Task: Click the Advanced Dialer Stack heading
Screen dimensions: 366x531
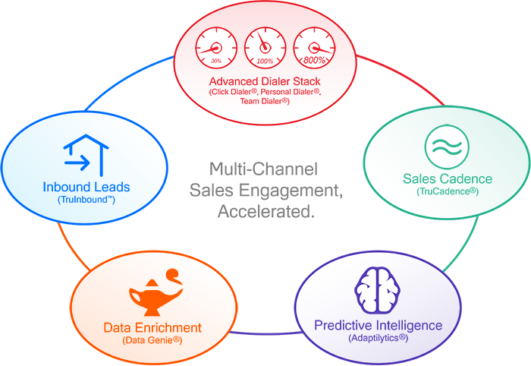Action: (265, 81)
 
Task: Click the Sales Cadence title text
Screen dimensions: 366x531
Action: (447, 179)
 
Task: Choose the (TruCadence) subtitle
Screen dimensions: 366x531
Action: (447, 192)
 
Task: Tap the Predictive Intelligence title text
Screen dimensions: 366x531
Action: (378, 325)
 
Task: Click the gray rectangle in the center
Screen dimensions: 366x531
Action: (265, 189)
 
